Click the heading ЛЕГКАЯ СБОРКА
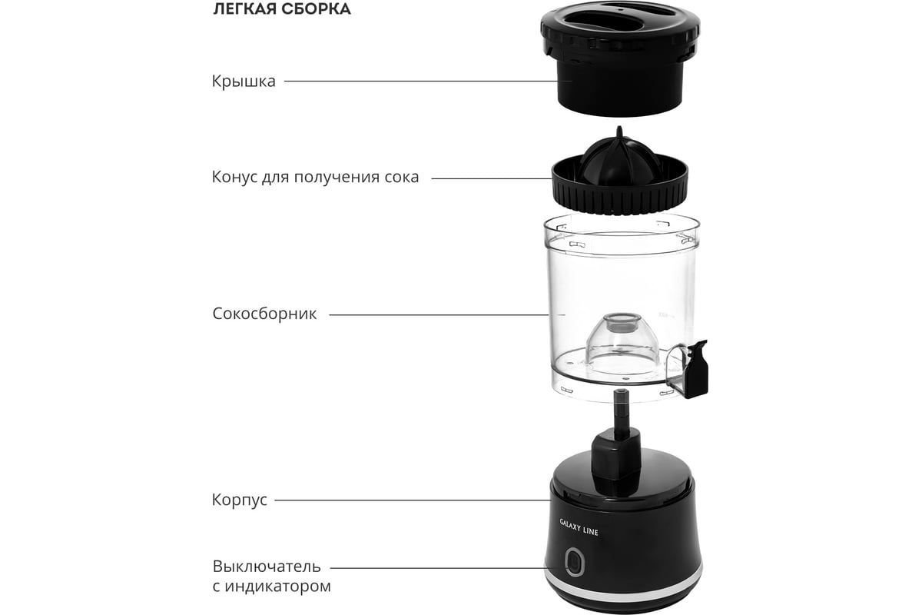click(282, 9)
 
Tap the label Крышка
click(244, 81)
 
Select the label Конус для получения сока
click(315, 177)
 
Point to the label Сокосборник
click(264, 314)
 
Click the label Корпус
click(240, 500)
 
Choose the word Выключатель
click(267, 567)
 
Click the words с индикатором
click(272, 586)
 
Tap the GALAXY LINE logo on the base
click(579, 527)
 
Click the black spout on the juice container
click(695, 369)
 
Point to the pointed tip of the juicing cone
click(619, 128)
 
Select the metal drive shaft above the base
click(621, 412)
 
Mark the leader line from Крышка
click(421, 81)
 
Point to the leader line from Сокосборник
click(439, 314)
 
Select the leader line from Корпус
click(413, 500)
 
